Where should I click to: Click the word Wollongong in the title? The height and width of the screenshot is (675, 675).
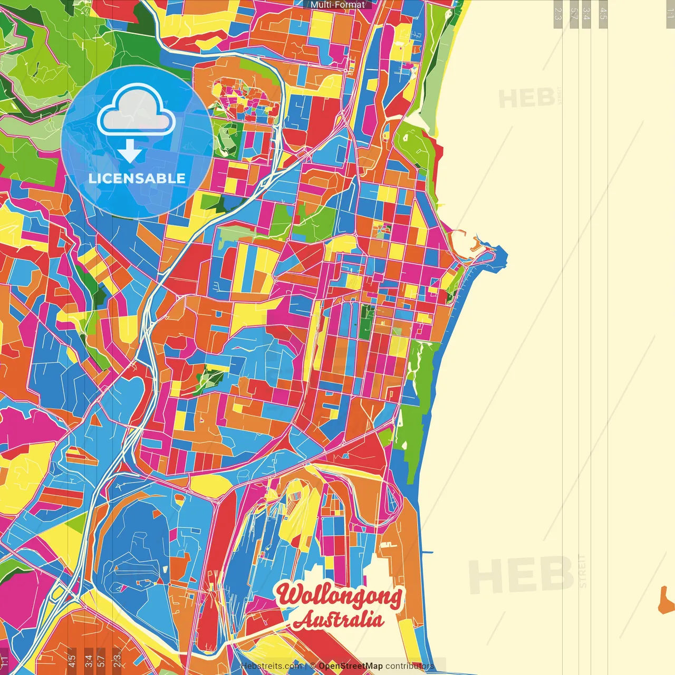339,595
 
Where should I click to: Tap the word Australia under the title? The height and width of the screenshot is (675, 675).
338,620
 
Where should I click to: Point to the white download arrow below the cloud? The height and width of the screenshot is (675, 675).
130,152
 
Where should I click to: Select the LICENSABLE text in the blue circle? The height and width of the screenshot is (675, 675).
137,178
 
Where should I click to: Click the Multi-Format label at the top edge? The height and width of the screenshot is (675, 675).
337,5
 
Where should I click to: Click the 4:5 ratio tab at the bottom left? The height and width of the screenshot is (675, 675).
72,659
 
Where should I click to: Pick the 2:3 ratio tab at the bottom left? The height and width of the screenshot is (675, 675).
117,659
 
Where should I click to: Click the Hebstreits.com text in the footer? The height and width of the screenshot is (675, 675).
271,666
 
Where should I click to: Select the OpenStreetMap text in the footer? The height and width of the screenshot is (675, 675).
350,666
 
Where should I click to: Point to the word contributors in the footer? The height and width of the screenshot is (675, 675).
409,666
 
